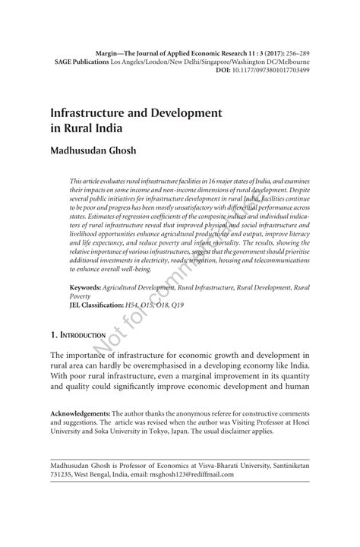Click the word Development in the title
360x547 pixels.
(189, 112)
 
